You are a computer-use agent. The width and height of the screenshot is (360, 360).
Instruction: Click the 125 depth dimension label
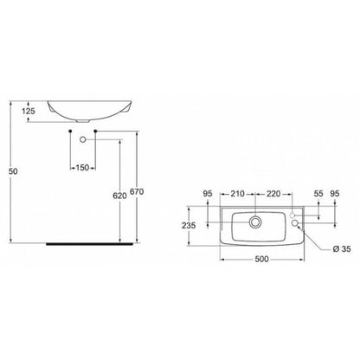(29, 111)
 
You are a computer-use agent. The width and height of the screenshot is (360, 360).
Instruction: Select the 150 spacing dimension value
(82, 167)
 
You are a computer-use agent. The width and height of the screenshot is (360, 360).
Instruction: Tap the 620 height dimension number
(119, 196)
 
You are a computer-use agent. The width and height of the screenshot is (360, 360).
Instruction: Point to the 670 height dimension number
(137, 191)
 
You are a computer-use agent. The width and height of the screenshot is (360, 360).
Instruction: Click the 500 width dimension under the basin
(262, 259)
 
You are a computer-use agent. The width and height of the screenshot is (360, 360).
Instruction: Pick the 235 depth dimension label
(189, 225)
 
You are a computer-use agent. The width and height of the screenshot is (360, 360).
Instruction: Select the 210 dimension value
(237, 194)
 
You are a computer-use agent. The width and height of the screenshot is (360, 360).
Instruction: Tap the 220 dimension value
(273, 194)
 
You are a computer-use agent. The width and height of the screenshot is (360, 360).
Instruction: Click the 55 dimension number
(318, 194)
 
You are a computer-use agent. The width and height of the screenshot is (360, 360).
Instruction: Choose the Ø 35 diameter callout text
(342, 248)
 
